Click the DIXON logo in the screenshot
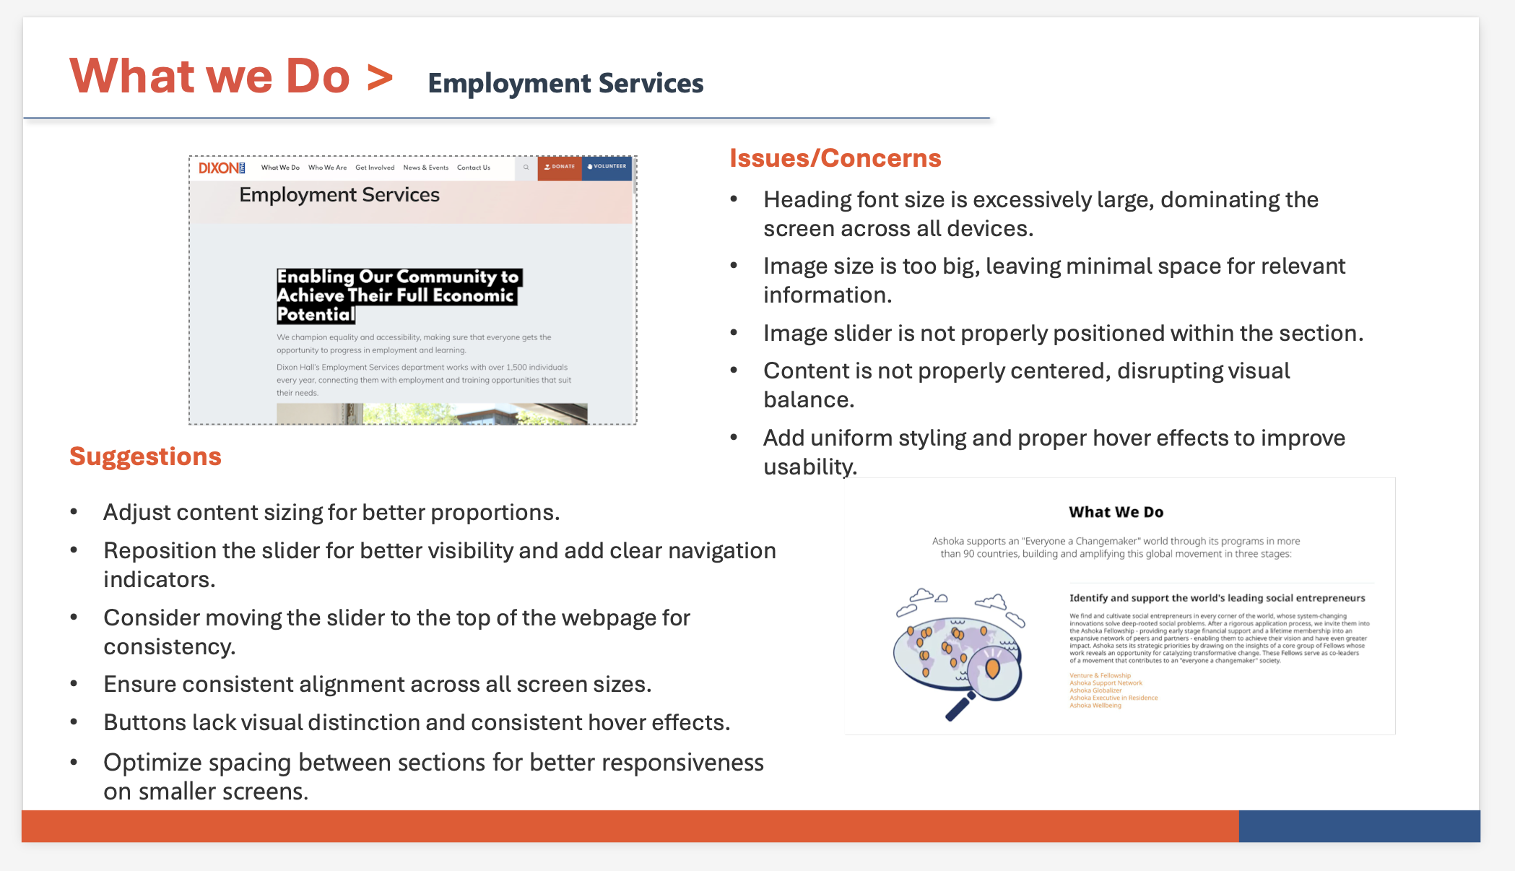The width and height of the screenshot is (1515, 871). tap(222, 168)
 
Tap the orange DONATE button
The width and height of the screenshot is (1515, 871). tap(560, 167)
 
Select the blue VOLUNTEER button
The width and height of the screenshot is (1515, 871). tap(607, 167)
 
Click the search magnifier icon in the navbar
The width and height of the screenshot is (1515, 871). tap(526, 168)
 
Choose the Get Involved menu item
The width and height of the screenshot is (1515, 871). tap(375, 168)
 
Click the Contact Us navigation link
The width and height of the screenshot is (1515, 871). tap(473, 168)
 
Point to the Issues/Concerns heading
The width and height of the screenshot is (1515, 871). tap(835, 158)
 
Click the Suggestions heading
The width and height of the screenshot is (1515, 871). tap(145, 456)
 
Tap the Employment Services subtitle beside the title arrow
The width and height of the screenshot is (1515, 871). tap(565, 84)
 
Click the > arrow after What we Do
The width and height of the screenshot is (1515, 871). tap(380, 77)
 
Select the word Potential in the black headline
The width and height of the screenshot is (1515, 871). tap(316, 315)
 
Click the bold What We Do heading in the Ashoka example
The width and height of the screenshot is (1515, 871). tap(1116, 512)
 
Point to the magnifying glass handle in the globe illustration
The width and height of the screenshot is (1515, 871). tap(959, 708)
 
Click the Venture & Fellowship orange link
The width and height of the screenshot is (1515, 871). tap(1100, 675)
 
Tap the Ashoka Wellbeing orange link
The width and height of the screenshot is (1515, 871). tap(1095, 706)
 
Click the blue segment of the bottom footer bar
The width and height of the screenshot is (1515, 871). tap(1359, 826)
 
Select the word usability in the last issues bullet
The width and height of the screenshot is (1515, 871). tap(809, 467)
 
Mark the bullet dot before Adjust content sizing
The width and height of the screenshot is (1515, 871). tap(74, 512)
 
